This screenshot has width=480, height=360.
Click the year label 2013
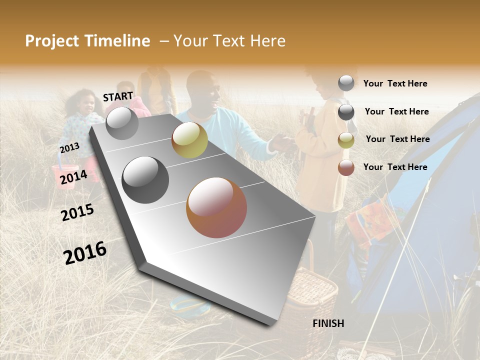click(69, 148)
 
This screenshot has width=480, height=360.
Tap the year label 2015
click(77, 212)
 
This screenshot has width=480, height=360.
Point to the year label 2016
click(85, 252)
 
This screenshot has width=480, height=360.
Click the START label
click(118, 96)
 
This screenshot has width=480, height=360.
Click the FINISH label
click(328, 323)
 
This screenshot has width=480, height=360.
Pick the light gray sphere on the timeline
click(122, 123)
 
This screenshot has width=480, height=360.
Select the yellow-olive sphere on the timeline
click(189, 140)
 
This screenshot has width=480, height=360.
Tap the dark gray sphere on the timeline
click(145, 180)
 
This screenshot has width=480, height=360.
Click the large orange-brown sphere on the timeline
click(216, 207)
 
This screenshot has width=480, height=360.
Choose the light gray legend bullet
click(346, 83)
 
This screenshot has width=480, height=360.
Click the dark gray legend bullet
click(346, 112)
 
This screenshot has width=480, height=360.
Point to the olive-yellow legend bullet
click(346, 140)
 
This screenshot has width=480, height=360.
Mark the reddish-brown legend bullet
click(346, 167)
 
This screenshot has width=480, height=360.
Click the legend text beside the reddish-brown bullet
click(395, 167)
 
